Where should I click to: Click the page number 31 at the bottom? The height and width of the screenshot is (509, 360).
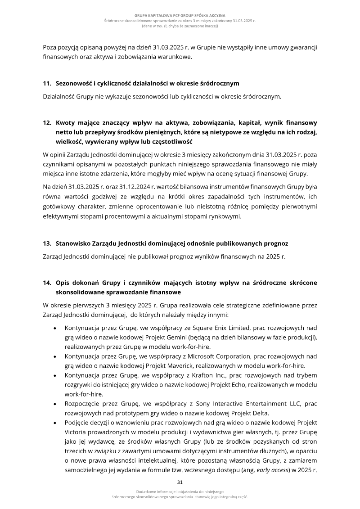click(x=180, y=482)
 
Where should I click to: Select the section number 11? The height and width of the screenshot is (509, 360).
click(x=47, y=84)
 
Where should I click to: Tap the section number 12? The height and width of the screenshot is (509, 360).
click(x=47, y=122)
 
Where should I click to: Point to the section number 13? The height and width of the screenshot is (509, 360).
click(x=47, y=243)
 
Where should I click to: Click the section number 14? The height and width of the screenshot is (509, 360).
click(x=47, y=283)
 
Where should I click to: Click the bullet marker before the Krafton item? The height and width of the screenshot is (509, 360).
click(x=55, y=375)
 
